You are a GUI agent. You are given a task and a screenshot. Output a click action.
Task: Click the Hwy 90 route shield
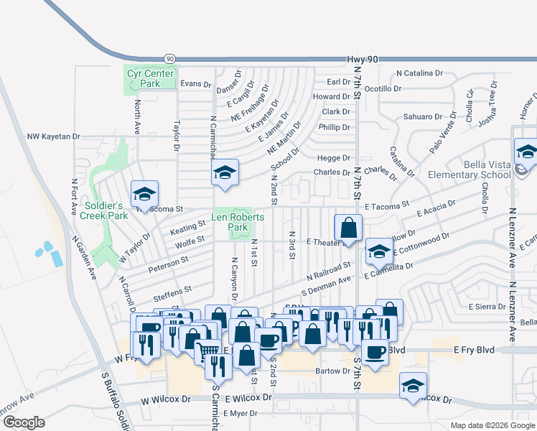169,59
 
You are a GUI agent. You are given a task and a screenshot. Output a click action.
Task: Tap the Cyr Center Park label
150,78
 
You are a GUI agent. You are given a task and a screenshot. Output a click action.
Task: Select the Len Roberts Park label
238,222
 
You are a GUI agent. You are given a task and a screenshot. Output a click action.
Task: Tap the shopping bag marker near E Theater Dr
348,229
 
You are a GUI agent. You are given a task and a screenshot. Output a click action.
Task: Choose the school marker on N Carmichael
225,172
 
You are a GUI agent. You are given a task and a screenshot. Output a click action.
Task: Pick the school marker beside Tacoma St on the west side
144,194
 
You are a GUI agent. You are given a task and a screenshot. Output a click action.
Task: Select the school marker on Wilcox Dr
414,386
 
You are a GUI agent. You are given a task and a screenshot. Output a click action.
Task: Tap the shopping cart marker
207,351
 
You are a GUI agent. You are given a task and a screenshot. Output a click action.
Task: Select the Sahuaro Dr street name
423,116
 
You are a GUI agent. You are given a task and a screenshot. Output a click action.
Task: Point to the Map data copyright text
492,425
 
